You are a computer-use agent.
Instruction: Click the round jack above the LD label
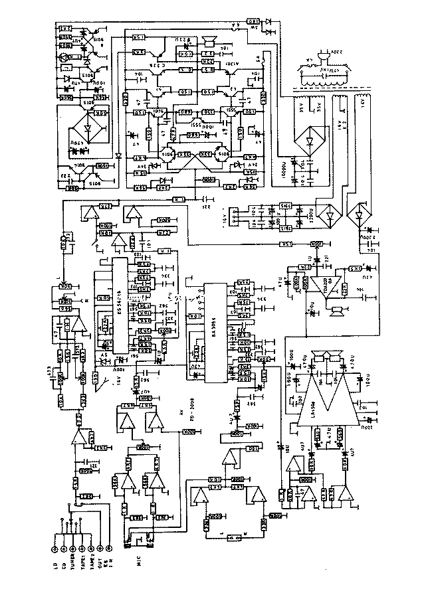click(54, 549)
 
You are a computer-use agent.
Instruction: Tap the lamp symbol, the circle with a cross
click(64, 58)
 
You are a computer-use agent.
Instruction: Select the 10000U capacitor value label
click(282, 163)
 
